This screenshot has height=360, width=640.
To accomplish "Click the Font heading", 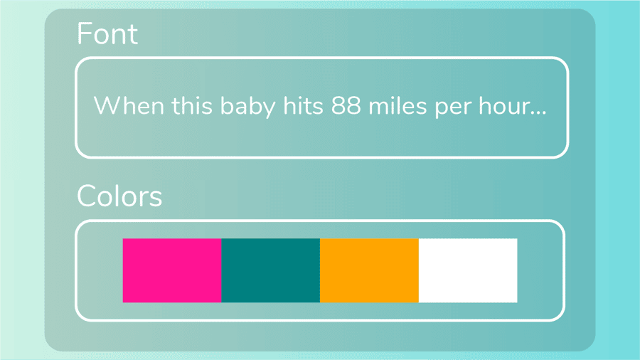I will click(x=107, y=34).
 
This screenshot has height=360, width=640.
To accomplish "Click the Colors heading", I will click(x=119, y=196).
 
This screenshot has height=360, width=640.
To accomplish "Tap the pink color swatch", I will click(x=172, y=270).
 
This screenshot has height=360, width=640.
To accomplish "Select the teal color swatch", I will click(x=271, y=270).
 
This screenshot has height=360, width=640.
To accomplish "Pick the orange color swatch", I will click(x=369, y=270).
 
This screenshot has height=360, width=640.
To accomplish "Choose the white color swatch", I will click(x=468, y=270).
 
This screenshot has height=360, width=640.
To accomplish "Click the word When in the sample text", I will click(x=129, y=107).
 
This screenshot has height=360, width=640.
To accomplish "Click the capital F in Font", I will click(x=84, y=34).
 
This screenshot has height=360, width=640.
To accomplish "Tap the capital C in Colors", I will click(x=87, y=196).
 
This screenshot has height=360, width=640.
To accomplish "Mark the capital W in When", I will click(x=107, y=107).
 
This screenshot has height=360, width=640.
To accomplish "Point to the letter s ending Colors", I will click(x=156, y=198).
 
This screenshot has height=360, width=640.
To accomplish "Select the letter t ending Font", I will click(x=133, y=35).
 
